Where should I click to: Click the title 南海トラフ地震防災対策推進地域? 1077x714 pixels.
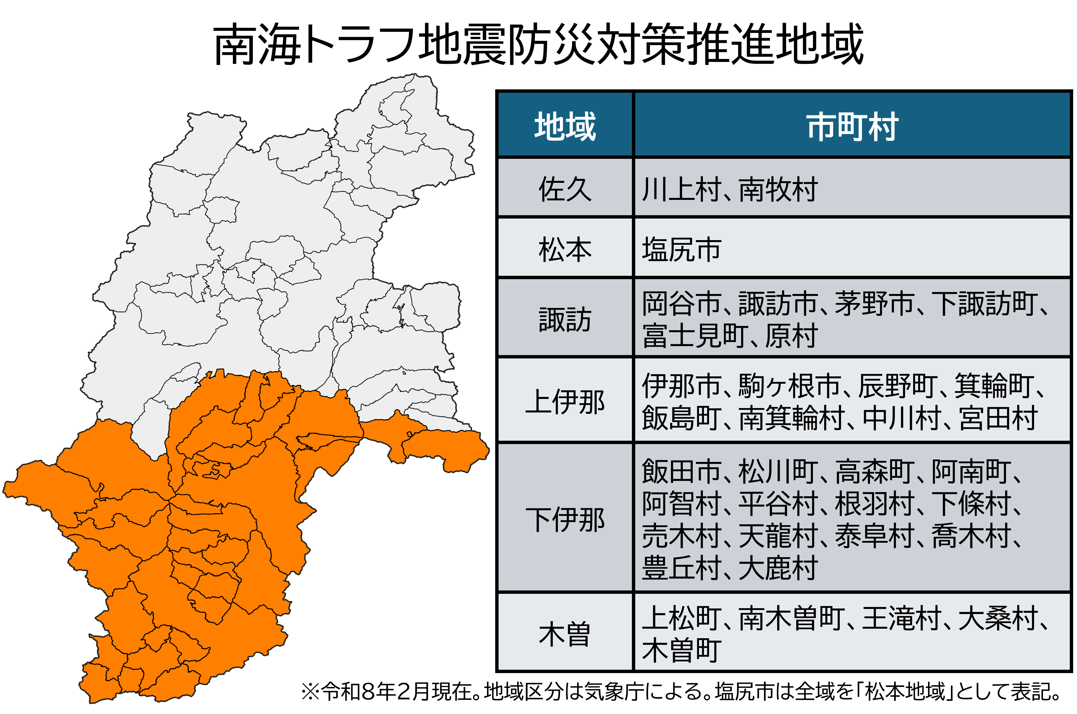pos(538,45)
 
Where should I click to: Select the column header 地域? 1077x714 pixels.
pos(565,126)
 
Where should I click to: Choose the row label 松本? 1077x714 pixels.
pos(565,249)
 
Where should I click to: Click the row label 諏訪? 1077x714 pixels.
pos(565,319)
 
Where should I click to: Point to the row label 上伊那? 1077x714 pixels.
pos(565,402)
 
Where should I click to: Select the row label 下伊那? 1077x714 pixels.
pos(565,519)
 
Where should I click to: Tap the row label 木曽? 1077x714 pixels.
pos(565,634)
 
